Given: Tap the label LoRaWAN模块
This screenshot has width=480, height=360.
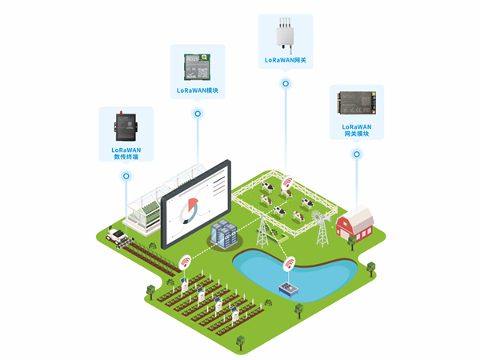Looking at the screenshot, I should tap(198, 90).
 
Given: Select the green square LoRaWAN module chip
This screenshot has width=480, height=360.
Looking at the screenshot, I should tap(198, 66).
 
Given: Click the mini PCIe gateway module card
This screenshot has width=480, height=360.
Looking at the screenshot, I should tap(357, 103).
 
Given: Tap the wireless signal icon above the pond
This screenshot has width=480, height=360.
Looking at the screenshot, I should tap(289, 262).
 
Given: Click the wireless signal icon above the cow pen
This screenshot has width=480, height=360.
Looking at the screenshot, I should tap(287, 182).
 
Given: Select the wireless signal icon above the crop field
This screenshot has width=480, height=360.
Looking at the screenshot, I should tap(186, 261).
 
